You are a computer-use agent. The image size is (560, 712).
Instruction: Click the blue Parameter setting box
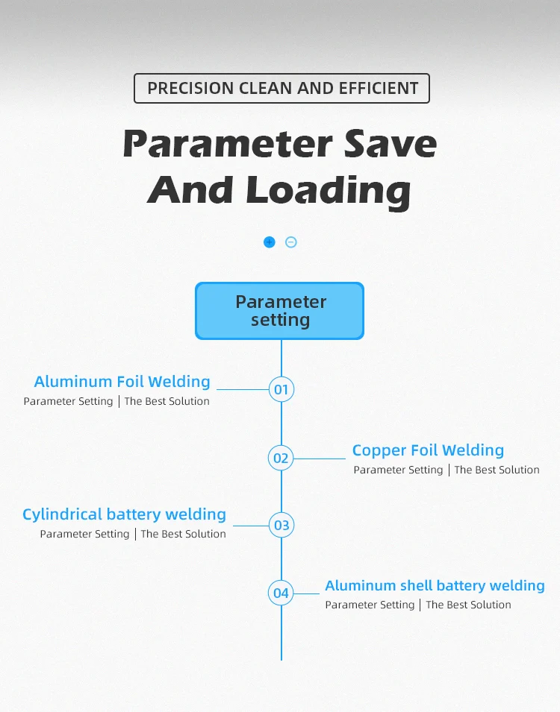(x=279, y=311)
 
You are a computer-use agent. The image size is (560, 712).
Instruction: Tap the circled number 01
(x=281, y=389)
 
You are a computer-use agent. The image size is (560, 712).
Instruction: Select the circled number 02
(x=281, y=458)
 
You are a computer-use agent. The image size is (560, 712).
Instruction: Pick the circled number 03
(x=281, y=525)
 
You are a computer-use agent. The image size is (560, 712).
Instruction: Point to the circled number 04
(x=281, y=593)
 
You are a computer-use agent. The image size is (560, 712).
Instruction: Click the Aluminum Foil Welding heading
(x=122, y=382)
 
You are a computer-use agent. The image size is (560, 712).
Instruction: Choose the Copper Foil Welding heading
(x=428, y=450)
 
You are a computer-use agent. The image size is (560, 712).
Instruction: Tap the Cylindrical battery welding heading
(x=124, y=514)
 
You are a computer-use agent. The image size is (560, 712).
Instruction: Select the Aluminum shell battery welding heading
(x=435, y=585)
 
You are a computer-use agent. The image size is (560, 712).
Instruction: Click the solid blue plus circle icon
(x=270, y=242)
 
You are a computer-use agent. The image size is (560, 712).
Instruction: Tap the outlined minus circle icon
(x=291, y=242)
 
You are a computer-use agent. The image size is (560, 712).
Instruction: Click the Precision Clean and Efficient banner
(x=281, y=88)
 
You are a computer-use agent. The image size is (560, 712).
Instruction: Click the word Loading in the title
(x=329, y=191)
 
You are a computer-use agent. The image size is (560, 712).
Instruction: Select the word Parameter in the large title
(x=224, y=143)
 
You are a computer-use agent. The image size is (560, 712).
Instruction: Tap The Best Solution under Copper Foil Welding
(x=497, y=470)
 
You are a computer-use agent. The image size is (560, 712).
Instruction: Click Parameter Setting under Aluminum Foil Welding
(x=68, y=401)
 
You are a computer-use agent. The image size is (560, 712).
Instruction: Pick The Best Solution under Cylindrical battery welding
(x=183, y=534)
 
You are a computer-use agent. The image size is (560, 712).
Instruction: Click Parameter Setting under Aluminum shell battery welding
(x=370, y=605)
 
